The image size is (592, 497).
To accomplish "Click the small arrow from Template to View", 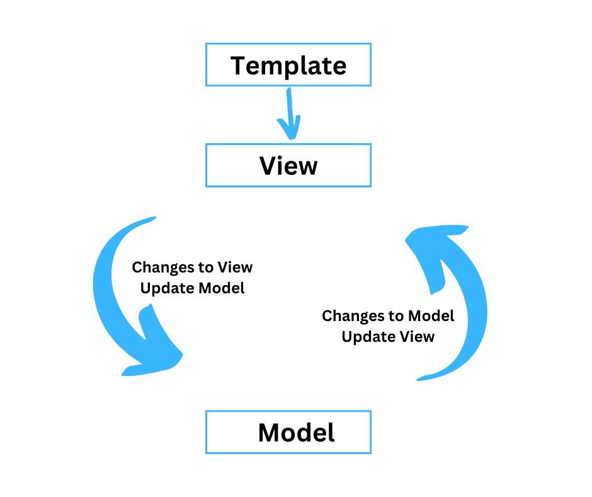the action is [x=290, y=114].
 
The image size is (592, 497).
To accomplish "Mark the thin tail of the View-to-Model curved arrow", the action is [x=151, y=219].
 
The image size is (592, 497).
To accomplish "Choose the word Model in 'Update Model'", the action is [x=222, y=288].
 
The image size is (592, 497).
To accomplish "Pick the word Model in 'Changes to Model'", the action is [x=431, y=316].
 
